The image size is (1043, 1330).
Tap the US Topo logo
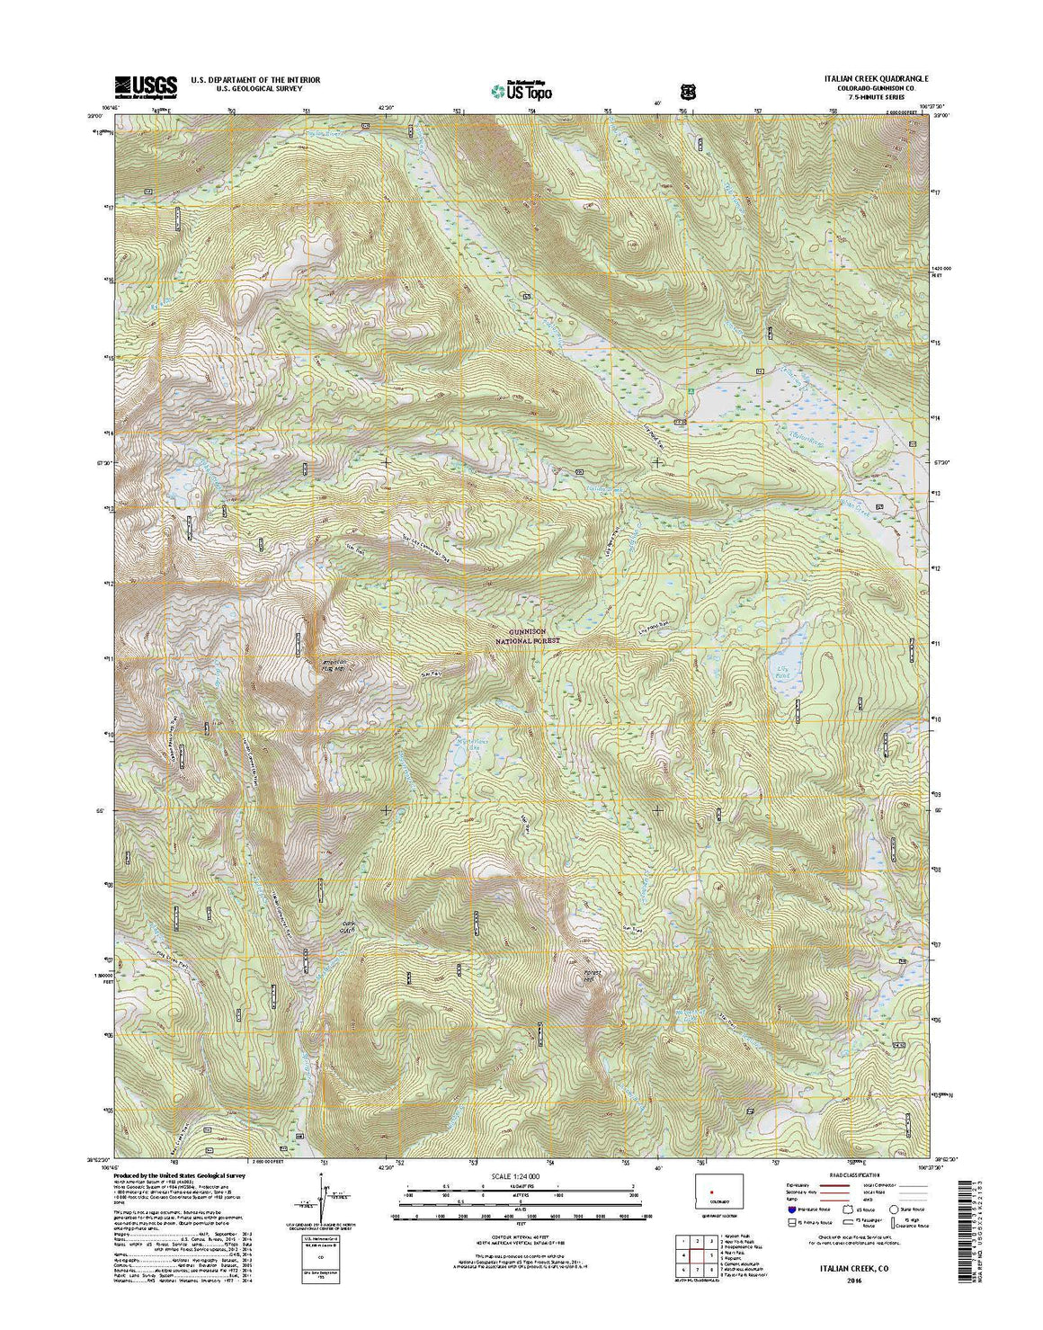coord(522,89)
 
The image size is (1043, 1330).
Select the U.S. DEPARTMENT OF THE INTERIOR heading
coord(255,80)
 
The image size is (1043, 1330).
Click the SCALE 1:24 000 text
coord(515,1176)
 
